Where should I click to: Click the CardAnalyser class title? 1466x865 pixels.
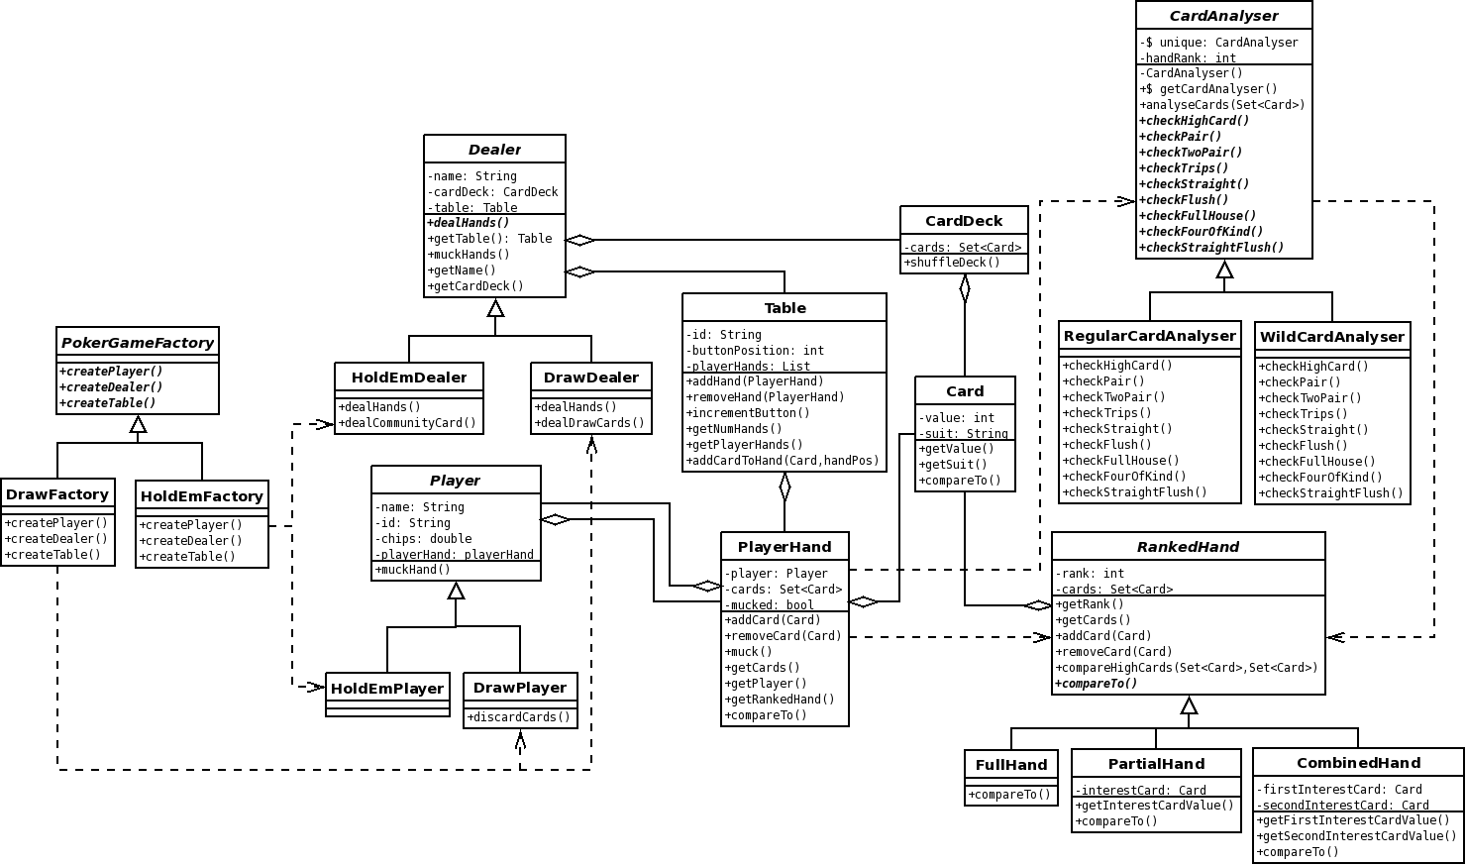tap(1223, 16)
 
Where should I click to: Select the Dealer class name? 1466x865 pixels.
tap(494, 150)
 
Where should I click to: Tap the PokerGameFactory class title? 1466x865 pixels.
tap(138, 343)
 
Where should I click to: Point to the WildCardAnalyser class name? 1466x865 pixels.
tap(1332, 337)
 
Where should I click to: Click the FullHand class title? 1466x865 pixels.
tap(1011, 765)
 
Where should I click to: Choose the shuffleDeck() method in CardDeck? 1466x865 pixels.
tap(952, 263)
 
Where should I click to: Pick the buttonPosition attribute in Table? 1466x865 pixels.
tap(755, 351)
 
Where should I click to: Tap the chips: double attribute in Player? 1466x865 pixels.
tap(423, 539)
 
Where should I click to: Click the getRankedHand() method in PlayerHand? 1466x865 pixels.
tap(780, 700)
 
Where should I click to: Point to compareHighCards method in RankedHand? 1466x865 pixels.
tap(1186, 668)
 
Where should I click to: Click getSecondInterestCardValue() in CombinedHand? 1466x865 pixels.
tap(1356, 836)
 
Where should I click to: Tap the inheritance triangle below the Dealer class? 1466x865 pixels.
tap(495, 308)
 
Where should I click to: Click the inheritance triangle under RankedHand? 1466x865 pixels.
tap(1190, 705)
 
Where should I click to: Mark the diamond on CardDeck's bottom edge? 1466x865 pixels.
tap(965, 288)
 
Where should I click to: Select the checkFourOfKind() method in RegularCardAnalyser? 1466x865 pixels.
tap(1123, 477)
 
